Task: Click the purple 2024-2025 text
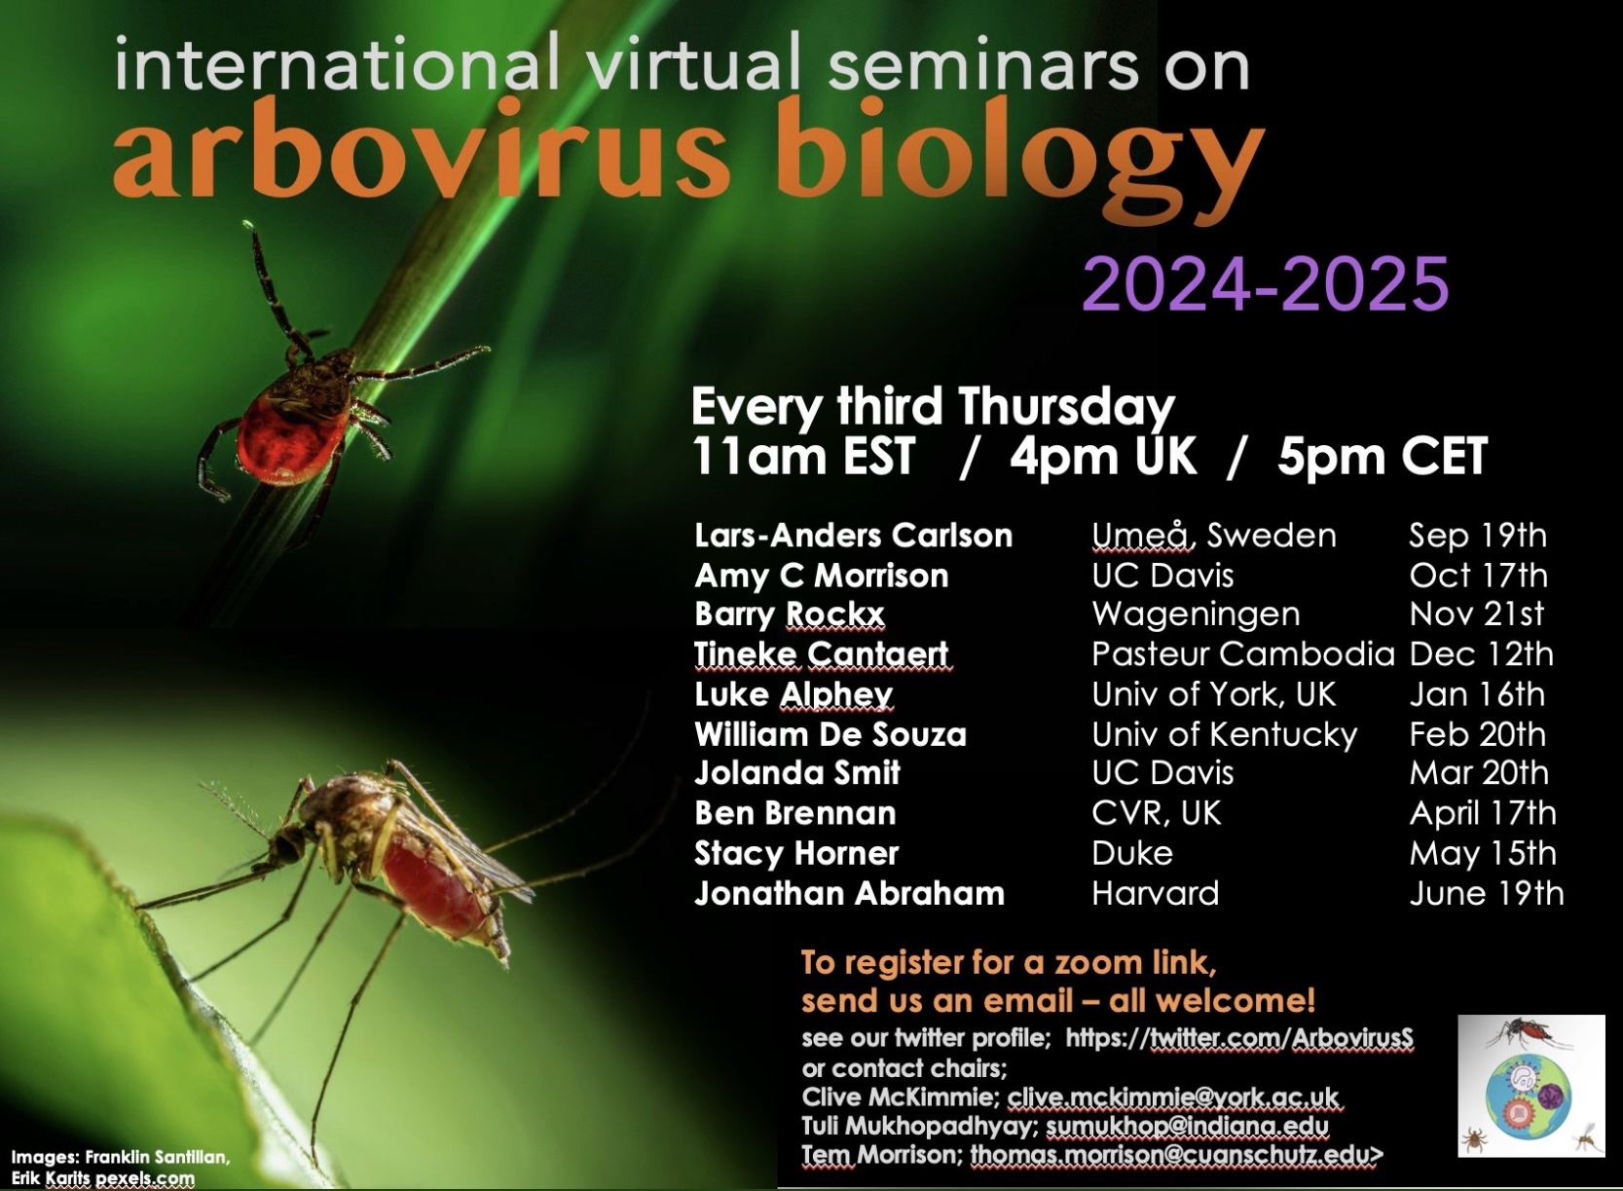pyautogui.click(x=1266, y=282)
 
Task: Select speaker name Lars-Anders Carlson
pyautogui.click(x=854, y=536)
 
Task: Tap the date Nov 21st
pyautogui.click(x=1476, y=614)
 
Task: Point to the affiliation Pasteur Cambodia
pyautogui.click(x=1243, y=653)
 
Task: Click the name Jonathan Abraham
pyautogui.click(x=849, y=893)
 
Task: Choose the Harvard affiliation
pyautogui.click(x=1155, y=893)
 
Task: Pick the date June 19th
pyautogui.click(x=1487, y=894)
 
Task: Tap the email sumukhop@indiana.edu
pyautogui.click(x=1188, y=1126)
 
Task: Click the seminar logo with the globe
pyautogui.click(x=1531, y=1086)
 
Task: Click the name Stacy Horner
pyautogui.click(x=796, y=853)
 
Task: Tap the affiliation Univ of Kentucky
pyautogui.click(x=1225, y=734)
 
